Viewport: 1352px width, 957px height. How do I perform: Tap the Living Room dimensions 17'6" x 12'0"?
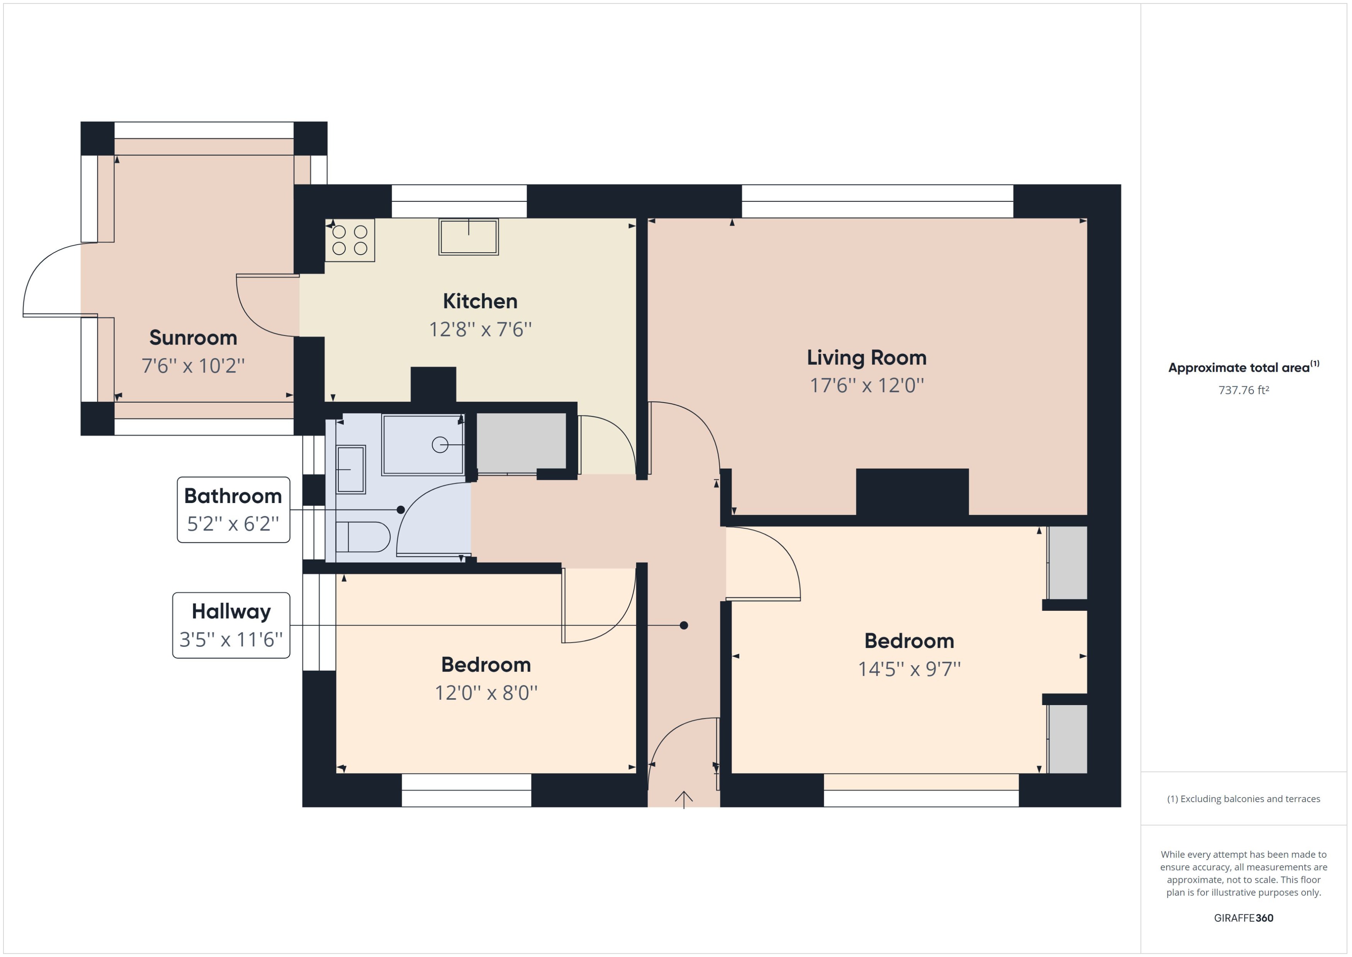866,386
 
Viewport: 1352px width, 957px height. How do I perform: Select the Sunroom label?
193,338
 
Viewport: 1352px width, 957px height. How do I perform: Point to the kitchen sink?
468,237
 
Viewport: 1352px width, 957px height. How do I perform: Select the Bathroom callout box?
233,510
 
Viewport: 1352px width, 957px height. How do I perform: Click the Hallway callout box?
231,625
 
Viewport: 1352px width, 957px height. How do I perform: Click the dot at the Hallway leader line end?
683,625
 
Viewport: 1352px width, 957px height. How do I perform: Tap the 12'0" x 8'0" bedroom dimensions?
486,692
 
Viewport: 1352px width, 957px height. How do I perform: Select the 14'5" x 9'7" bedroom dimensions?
909,669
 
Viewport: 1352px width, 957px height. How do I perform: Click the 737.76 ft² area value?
1243,390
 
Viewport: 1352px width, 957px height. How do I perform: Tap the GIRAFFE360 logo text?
1243,918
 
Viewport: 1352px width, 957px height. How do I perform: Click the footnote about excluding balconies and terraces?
1243,799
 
